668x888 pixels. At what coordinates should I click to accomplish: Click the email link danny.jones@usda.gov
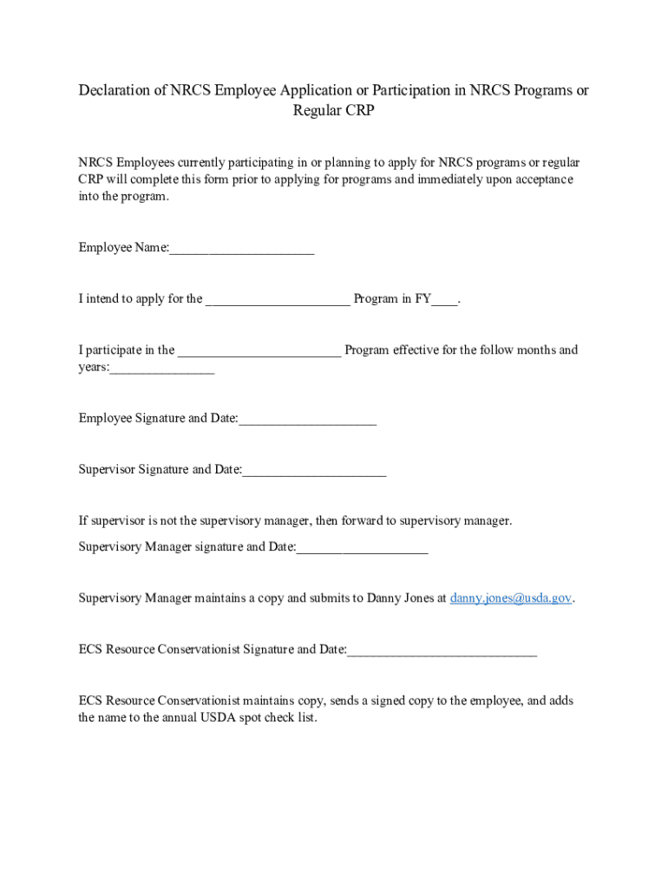[x=511, y=598]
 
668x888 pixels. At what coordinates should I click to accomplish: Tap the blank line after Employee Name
[x=242, y=249]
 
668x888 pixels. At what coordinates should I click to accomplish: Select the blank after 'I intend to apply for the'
[x=278, y=299]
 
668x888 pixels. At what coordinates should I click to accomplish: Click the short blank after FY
[x=444, y=299]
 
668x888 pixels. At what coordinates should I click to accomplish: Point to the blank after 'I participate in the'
[x=259, y=350]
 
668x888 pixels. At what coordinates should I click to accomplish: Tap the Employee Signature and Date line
[x=308, y=419]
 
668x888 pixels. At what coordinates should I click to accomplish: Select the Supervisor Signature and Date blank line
[x=314, y=470]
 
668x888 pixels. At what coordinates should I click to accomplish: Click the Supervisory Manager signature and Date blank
[x=363, y=547]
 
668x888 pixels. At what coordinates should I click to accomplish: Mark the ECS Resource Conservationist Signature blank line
[x=442, y=650]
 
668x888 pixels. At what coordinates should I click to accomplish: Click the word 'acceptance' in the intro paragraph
[x=541, y=180]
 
